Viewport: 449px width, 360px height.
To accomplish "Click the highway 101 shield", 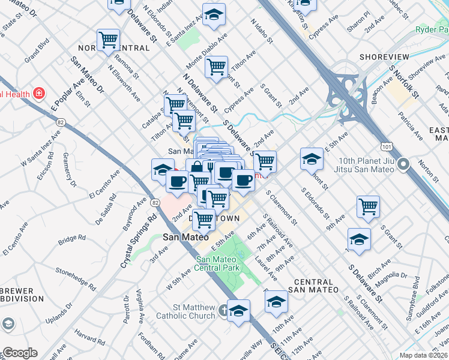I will pyautogui.click(x=387, y=146).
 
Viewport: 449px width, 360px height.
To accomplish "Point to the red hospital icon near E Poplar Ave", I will pyautogui.click(x=38, y=94).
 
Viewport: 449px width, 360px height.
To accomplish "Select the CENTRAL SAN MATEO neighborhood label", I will pyautogui.click(x=313, y=286).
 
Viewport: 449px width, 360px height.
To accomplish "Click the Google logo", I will pyautogui.click(x=20, y=353).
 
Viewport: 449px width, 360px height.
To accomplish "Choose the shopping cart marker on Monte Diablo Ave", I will pyautogui.click(x=216, y=67).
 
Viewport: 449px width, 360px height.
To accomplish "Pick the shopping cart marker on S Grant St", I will pyautogui.click(x=368, y=207).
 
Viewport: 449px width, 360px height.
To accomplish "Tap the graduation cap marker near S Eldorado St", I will pyautogui.click(x=312, y=159).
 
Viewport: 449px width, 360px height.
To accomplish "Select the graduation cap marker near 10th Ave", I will pyautogui.click(x=276, y=302).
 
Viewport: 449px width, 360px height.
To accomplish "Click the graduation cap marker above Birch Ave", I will pyautogui.click(x=359, y=239).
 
